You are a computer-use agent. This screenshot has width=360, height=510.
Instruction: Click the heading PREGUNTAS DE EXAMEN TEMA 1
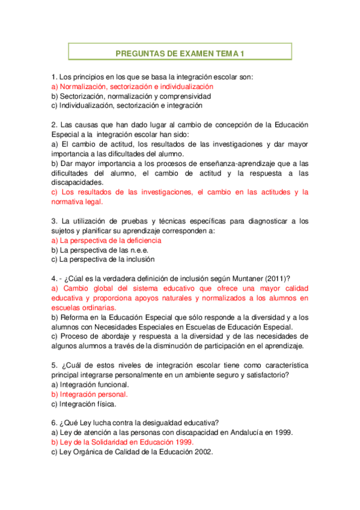[180, 54]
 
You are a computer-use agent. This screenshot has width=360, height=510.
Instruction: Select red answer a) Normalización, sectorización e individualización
[132, 86]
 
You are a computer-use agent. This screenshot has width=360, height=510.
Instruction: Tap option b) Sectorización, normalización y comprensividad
[131, 96]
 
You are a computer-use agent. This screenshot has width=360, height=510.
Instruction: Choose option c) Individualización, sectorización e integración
[127, 105]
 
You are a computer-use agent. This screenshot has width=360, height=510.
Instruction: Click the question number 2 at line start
[53, 125]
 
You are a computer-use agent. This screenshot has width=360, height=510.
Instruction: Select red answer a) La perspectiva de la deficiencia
[106, 240]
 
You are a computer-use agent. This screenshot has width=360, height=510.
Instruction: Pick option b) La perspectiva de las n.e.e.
[100, 250]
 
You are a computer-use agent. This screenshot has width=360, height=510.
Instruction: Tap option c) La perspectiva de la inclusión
[103, 259]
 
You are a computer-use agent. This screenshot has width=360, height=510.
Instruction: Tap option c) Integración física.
[84, 404]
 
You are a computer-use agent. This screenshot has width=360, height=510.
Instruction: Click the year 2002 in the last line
[201, 452]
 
